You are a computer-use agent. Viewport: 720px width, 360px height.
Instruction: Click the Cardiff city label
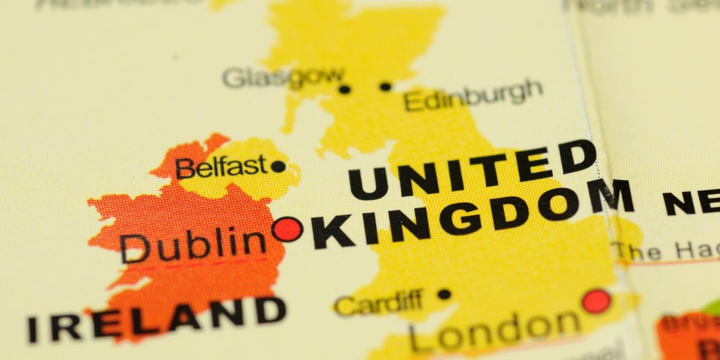[x=379, y=302]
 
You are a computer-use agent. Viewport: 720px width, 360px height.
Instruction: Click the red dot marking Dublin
[x=287, y=229]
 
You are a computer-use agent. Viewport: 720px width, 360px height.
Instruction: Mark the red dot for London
[x=596, y=301]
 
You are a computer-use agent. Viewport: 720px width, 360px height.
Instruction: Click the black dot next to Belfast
[x=278, y=166]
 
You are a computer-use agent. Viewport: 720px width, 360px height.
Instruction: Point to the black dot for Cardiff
[x=444, y=294]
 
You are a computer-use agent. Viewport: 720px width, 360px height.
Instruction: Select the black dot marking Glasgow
[x=344, y=89]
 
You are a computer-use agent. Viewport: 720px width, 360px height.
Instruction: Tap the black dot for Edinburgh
[x=386, y=86]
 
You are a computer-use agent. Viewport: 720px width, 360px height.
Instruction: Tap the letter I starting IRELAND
[x=33, y=329]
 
